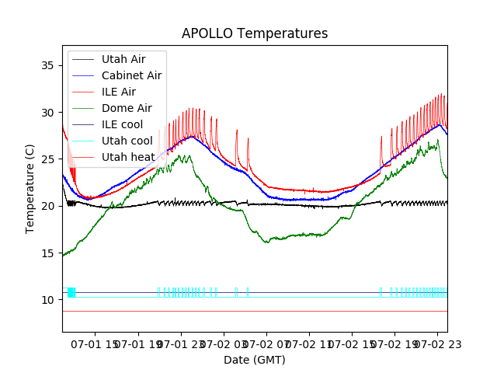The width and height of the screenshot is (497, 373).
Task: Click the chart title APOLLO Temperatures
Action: pos(255,33)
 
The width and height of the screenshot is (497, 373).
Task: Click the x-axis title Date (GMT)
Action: pos(255,360)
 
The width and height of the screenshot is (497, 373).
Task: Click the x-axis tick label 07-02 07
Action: pos(266,343)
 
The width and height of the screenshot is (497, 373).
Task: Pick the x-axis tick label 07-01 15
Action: pos(97,343)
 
